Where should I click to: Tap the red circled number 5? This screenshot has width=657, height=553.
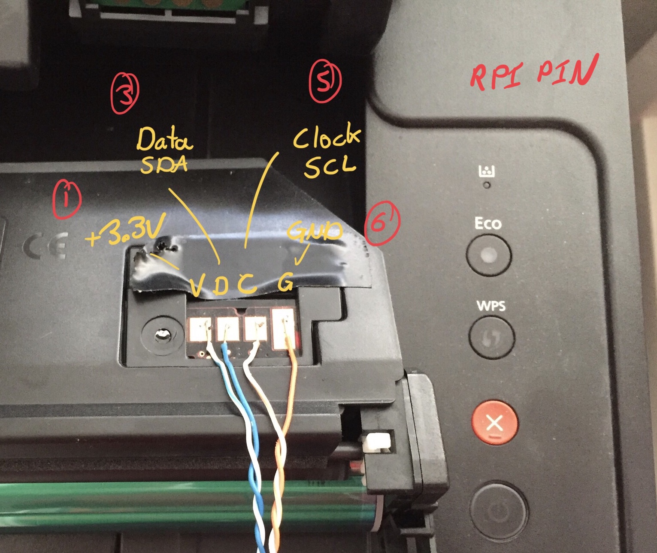coord(325,81)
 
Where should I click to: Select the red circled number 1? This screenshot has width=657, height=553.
coord(67,199)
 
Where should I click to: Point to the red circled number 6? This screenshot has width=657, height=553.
coord(382,223)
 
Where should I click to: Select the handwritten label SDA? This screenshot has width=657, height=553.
coord(164,164)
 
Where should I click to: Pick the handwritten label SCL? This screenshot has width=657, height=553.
coord(330,167)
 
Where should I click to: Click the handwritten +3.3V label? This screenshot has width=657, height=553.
coord(125,231)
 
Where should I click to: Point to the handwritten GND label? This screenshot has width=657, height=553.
coord(314,231)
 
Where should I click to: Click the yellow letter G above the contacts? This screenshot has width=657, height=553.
coord(285,281)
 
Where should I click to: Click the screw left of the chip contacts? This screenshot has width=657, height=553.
coord(163,335)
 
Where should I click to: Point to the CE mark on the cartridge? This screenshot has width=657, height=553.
coord(46,246)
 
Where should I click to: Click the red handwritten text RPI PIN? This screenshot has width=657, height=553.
coord(533,73)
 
